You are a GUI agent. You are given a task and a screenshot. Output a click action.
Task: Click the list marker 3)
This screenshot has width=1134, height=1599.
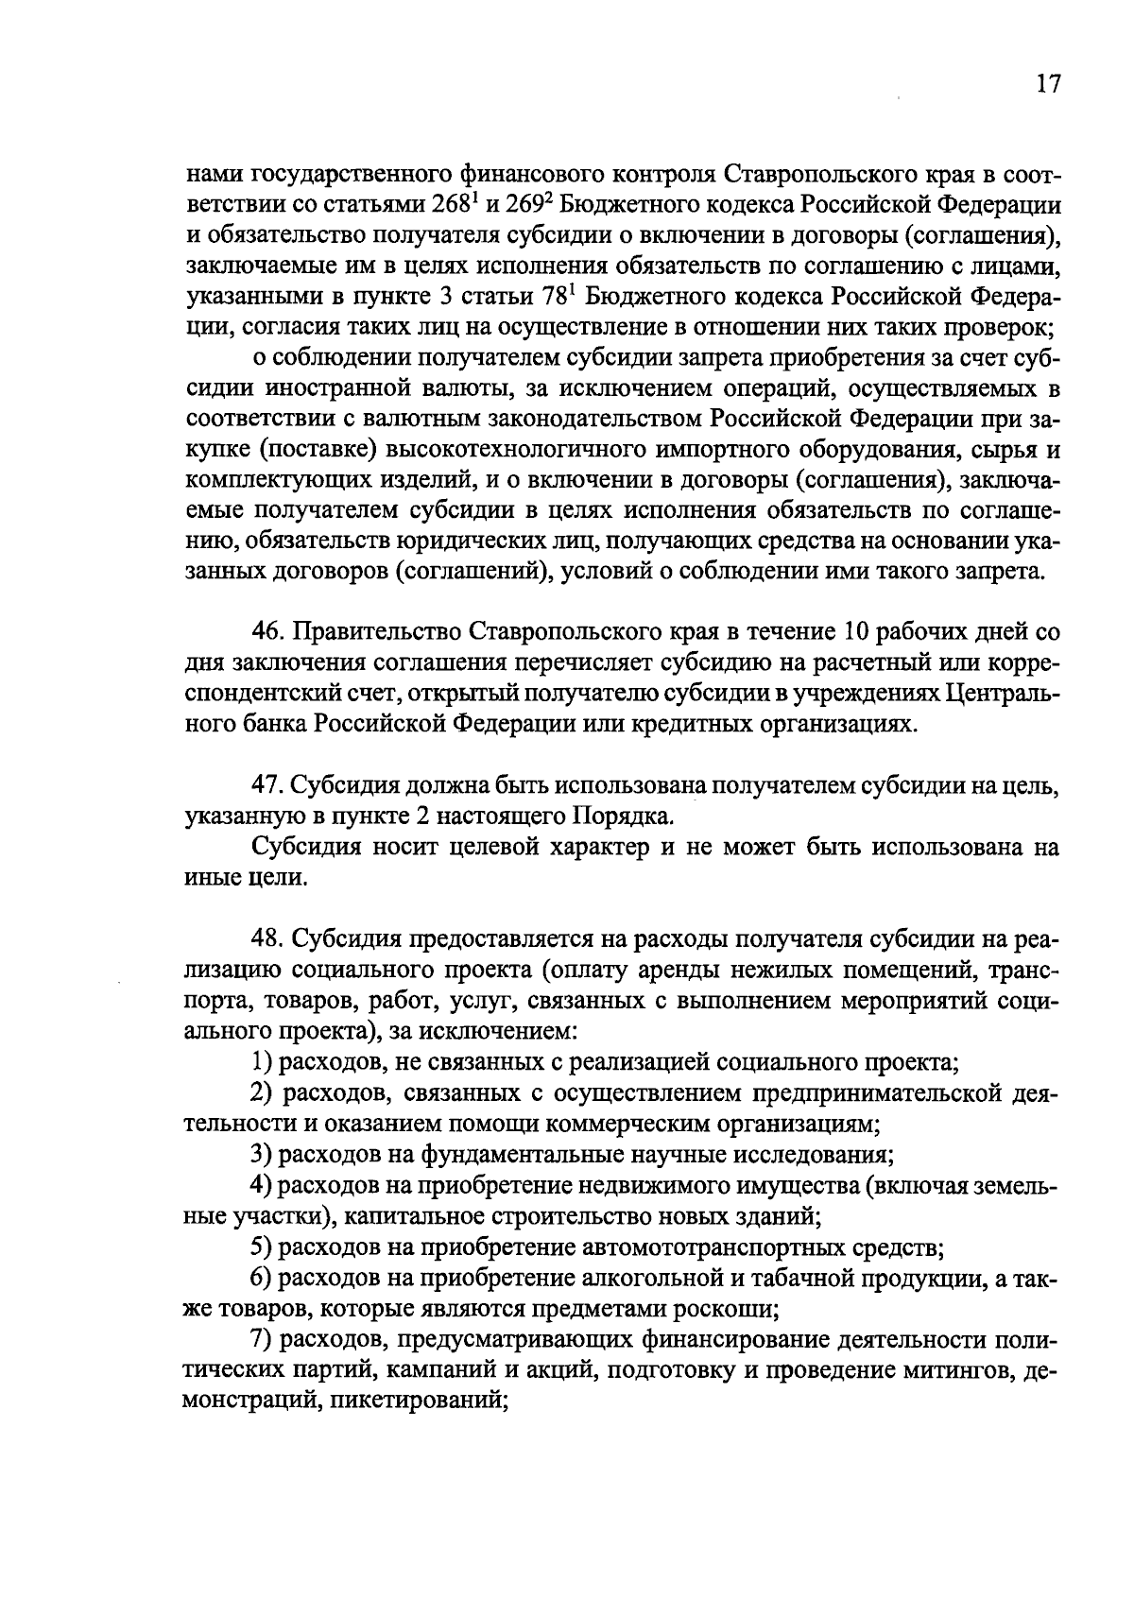261,1155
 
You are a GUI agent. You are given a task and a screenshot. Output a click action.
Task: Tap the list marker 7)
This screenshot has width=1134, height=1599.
261,1340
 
